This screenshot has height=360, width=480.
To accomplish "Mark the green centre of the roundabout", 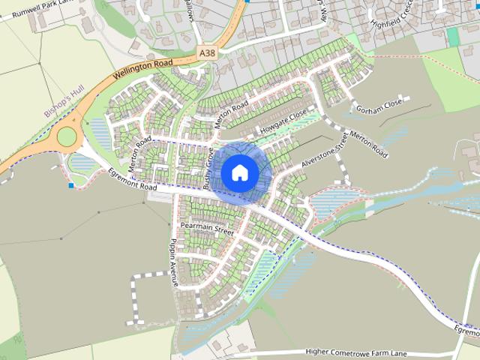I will click(67, 136).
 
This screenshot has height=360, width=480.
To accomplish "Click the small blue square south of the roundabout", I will click(71, 184).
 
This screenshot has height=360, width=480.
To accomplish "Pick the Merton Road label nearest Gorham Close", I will click(368, 145).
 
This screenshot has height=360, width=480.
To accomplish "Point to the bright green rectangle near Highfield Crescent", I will click(452, 36).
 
